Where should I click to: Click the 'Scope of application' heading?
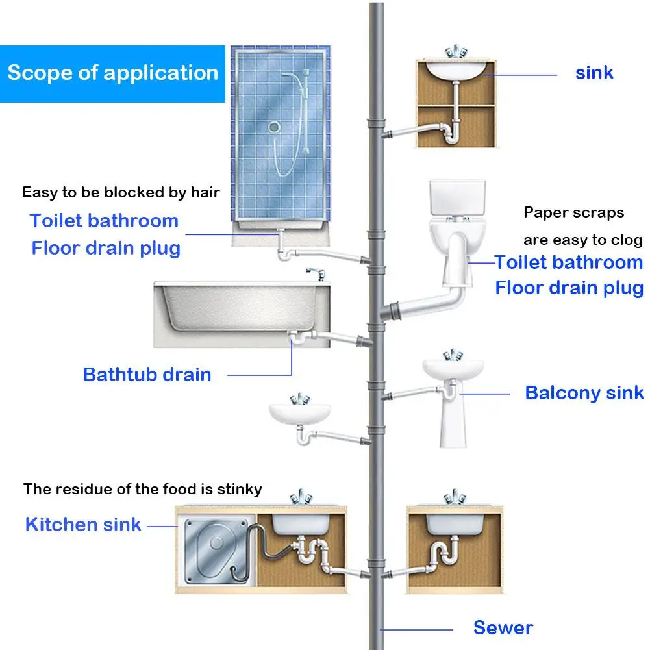point(112,72)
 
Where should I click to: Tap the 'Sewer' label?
point(503,627)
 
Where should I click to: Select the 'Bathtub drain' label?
point(147,375)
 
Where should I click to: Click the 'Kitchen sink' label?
point(83,524)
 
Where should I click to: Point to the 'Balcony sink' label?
point(584,393)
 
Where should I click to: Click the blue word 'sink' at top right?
point(594,72)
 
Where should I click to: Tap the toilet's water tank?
point(457,199)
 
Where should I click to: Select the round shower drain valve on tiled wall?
point(275,128)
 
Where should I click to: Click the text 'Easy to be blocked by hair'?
point(121,192)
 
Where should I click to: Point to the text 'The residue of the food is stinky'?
point(143,489)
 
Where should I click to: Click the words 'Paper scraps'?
point(573,213)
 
